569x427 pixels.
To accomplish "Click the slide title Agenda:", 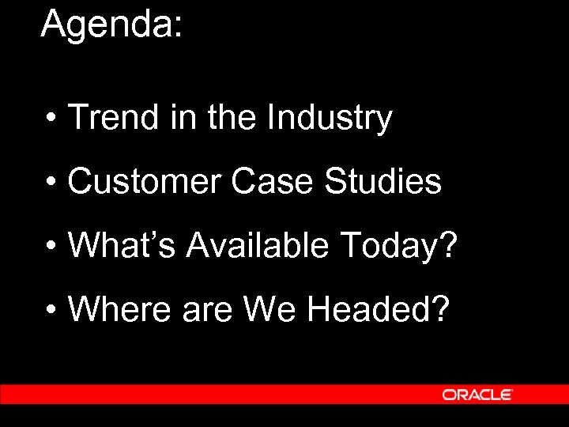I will pyautogui.click(x=111, y=25).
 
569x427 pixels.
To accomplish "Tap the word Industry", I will pyautogui.click(x=330, y=119).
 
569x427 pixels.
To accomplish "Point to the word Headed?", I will pyautogui.click(x=379, y=308).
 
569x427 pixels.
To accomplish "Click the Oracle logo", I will pyautogui.click(x=478, y=394).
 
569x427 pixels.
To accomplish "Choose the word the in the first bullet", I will pyautogui.click(x=232, y=119).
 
